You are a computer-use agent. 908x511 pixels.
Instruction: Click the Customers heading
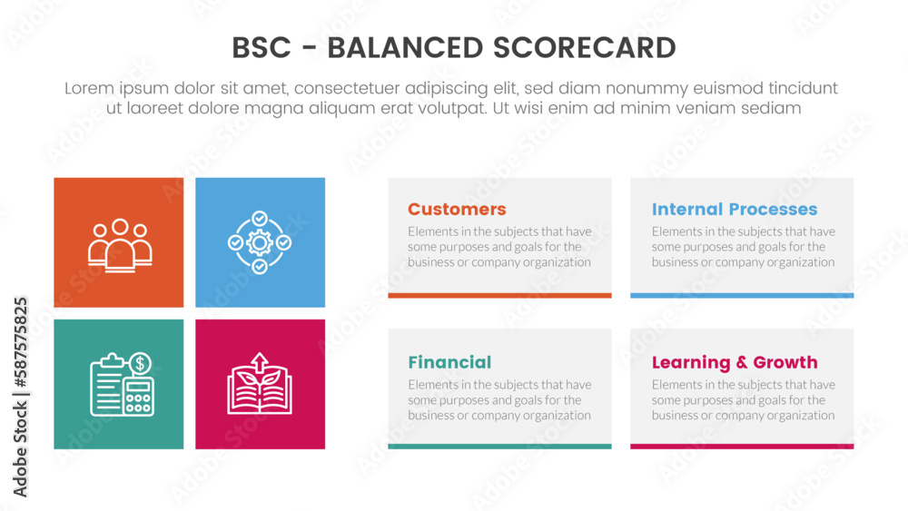click(457, 210)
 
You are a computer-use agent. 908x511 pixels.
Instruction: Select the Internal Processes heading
click(734, 210)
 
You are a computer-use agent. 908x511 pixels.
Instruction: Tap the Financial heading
click(449, 362)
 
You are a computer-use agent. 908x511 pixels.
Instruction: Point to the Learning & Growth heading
click(734, 362)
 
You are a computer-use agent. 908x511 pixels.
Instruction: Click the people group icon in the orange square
click(120, 243)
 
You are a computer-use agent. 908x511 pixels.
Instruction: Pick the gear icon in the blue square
click(260, 242)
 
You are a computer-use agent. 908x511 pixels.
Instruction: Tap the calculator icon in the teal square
click(138, 397)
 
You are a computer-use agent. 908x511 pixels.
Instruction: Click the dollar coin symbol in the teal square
click(140, 364)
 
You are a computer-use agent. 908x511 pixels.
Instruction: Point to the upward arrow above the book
click(260, 360)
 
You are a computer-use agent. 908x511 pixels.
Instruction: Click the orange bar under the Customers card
click(499, 295)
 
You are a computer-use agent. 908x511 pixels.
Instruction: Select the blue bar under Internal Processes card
click(742, 295)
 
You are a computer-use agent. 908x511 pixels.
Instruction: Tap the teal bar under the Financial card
click(499, 447)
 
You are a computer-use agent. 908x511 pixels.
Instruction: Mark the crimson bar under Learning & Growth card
click(742, 447)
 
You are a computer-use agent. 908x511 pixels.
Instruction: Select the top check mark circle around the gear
click(260, 218)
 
